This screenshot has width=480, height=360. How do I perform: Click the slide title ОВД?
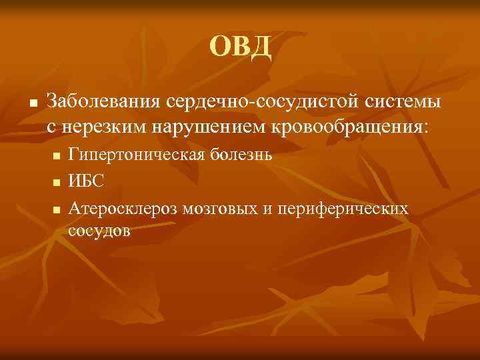coord(240,47)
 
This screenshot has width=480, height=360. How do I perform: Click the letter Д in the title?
coord(259,47)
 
